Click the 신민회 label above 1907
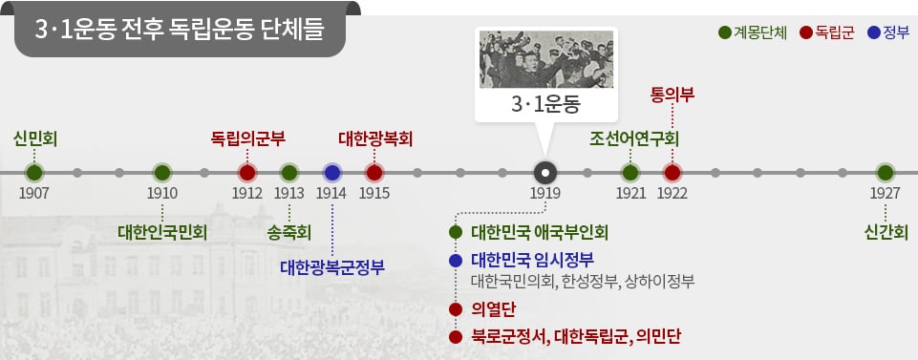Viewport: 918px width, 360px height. [x=34, y=139]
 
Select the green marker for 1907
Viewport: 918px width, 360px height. [x=34, y=173]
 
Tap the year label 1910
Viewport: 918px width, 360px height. [x=162, y=193]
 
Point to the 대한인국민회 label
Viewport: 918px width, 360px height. [x=162, y=233]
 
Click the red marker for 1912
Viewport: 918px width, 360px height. [x=247, y=173]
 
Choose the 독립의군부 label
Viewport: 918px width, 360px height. [x=247, y=139]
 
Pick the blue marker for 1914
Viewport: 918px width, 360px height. [x=332, y=173]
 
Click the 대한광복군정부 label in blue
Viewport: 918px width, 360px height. [x=332, y=267]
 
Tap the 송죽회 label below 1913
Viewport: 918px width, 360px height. [x=289, y=233]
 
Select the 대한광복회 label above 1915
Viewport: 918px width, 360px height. [x=375, y=139]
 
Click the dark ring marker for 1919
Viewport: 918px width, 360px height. [x=545, y=173]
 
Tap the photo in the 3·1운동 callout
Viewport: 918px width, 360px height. [x=546, y=59]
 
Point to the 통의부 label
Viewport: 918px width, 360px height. [x=672, y=95]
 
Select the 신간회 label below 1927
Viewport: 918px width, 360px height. [x=886, y=233]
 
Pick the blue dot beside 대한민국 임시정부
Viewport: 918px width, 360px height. [x=456, y=261]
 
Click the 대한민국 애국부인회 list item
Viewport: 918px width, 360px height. [x=540, y=232]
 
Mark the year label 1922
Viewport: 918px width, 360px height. [x=672, y=193]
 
